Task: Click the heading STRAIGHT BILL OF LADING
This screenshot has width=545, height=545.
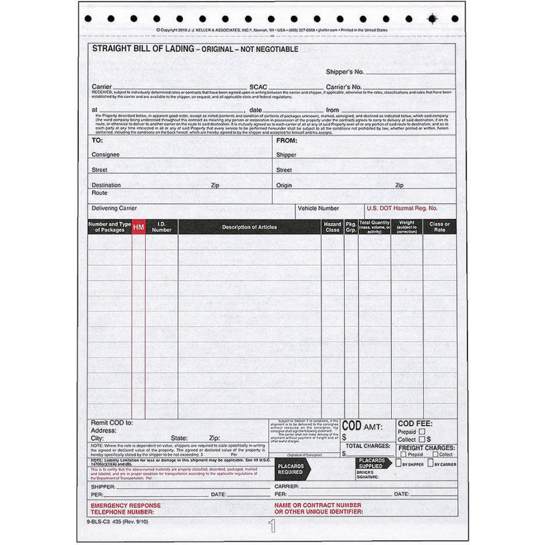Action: (143, 49)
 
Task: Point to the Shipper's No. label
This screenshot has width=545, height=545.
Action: (344, 72)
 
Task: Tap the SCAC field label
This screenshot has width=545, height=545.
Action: (258, 87)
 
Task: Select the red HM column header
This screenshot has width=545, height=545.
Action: (138, 227)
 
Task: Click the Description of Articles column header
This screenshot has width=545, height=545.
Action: (249, 227)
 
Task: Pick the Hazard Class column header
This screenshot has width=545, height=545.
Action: (332, 227)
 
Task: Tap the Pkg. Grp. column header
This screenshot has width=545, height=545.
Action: (351, 227)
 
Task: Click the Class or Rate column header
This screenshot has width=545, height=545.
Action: (439, 227)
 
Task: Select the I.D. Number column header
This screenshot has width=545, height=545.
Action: (161, 227)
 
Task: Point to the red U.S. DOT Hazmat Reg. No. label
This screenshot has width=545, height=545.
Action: (402, 208)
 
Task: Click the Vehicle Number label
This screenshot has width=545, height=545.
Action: (318, 208)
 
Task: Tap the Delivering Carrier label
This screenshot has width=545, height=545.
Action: (114, 208)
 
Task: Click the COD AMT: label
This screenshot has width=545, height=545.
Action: (362, 426)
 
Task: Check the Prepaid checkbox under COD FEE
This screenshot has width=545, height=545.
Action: (422, 431)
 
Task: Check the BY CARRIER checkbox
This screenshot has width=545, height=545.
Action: (431, 463)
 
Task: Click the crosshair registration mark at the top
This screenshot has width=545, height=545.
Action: (432, 19)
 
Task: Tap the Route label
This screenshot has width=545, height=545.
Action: (99, 193)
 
